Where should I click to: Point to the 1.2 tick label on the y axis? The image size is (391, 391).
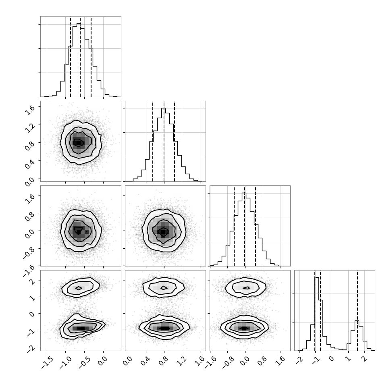pyautogui.click(x=30, y=127)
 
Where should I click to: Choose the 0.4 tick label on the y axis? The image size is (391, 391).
pyautogui.click(x=30, y=164)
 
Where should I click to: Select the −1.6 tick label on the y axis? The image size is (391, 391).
pyautogui.click(x=28, y=271)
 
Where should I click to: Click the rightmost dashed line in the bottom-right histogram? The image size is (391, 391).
pyautogui.click(x=357, y=311)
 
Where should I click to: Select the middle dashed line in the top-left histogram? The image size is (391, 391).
pyautogui.click(x=80, y=57)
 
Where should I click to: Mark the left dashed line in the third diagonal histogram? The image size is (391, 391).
pyautogui.click(x=234, y=226)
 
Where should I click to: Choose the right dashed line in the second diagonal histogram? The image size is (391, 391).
pyautogui.click(x=175, y=141)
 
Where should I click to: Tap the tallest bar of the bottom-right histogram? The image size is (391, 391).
pyautogui.click(x=317, y=314)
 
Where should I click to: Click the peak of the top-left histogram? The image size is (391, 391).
pyautogui.click(x=79, y=23)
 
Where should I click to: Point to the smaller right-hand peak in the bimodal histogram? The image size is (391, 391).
pyautogui.click(x=357, y=321)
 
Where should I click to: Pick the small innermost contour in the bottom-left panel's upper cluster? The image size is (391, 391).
pyautogui.click(x=79, y=288)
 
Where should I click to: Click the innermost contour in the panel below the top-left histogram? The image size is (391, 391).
pyautogui.click(x=78, y=143)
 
